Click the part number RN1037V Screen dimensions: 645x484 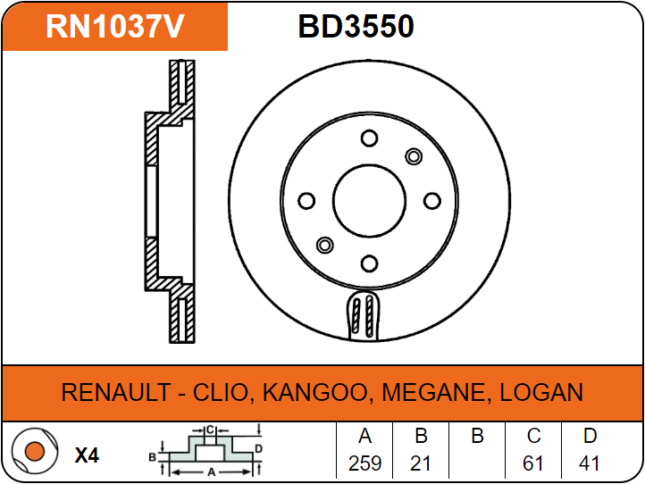(x=114, y=26)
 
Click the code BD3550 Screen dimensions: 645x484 (x=356, y=26)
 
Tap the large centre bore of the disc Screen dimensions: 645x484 (x=369, y=201)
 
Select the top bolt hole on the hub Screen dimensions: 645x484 (x=369, y=138)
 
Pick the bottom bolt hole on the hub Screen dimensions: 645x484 (x=369, y=263)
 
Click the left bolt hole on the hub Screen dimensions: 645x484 (x=306, y=201)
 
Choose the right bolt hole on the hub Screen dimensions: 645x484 (x=431, y=201)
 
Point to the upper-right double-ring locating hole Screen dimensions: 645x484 (x=414, y=156)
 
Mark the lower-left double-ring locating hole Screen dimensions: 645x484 (x=325, y=245)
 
